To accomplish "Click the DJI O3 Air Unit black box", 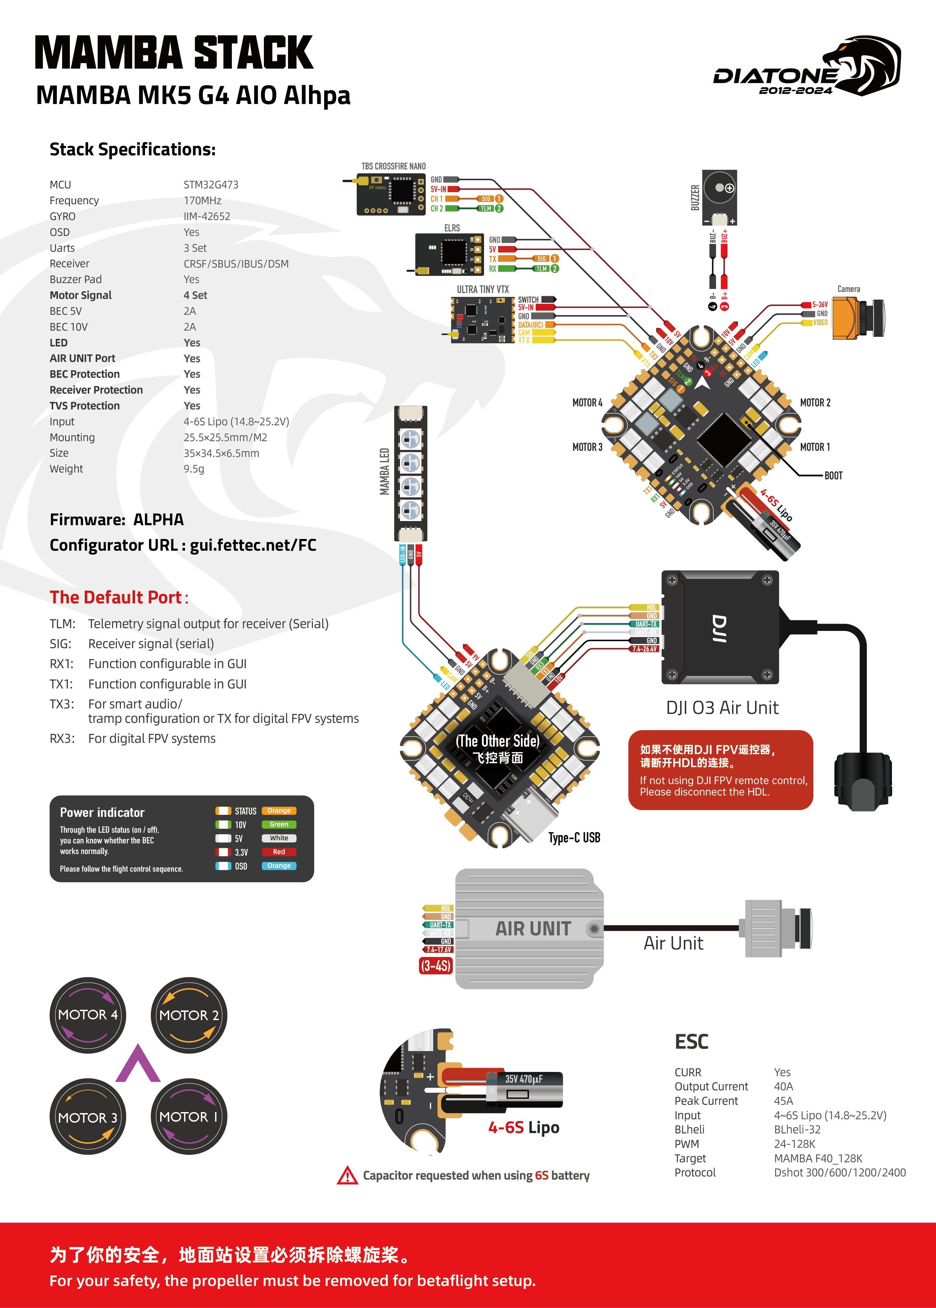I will pos(720,627).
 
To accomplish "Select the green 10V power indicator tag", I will pos(279,824).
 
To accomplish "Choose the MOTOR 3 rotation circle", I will pos(88,1117).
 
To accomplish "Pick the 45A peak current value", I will pos(783,1101).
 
